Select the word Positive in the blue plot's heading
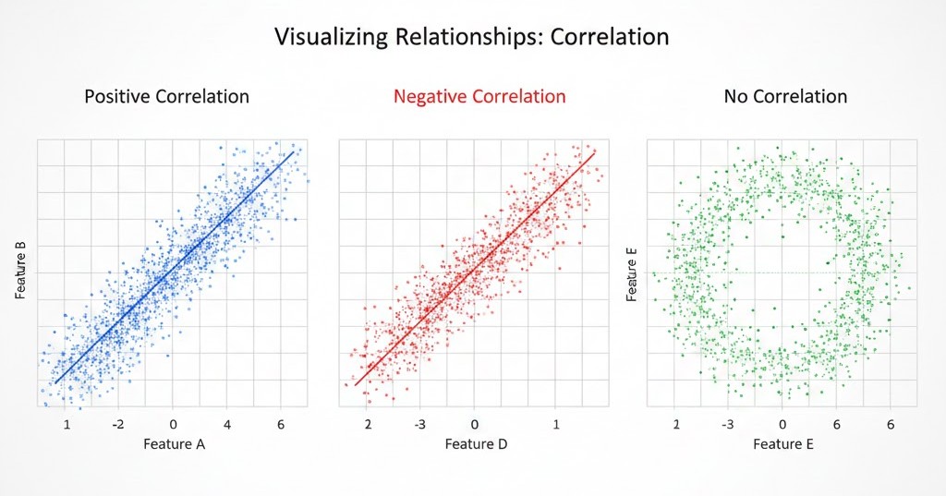point(120,96)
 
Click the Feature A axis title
point(173,444)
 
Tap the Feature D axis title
point(475,444)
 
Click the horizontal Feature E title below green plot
point(783,444)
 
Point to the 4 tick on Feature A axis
point(226,423)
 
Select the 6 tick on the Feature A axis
point(280,423)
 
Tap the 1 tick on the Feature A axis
point(67,423)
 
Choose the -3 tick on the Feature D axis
point(421,423)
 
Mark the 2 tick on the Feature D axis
point(369,423)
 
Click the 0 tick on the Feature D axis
point(475,423)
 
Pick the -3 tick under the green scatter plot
point(728,423)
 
